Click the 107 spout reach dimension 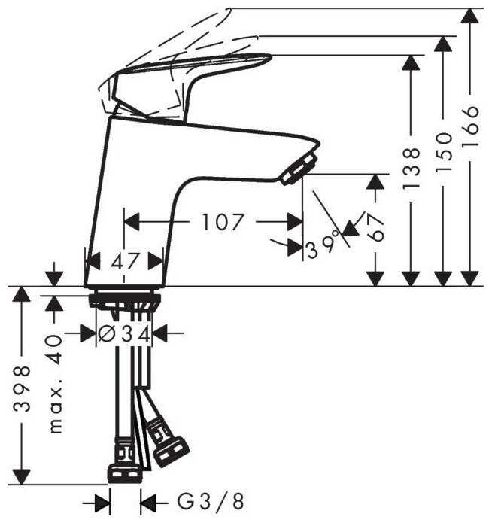(223, 222)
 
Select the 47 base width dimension (125, 261)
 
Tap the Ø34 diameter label (126, 333)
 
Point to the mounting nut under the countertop (126, 300)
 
